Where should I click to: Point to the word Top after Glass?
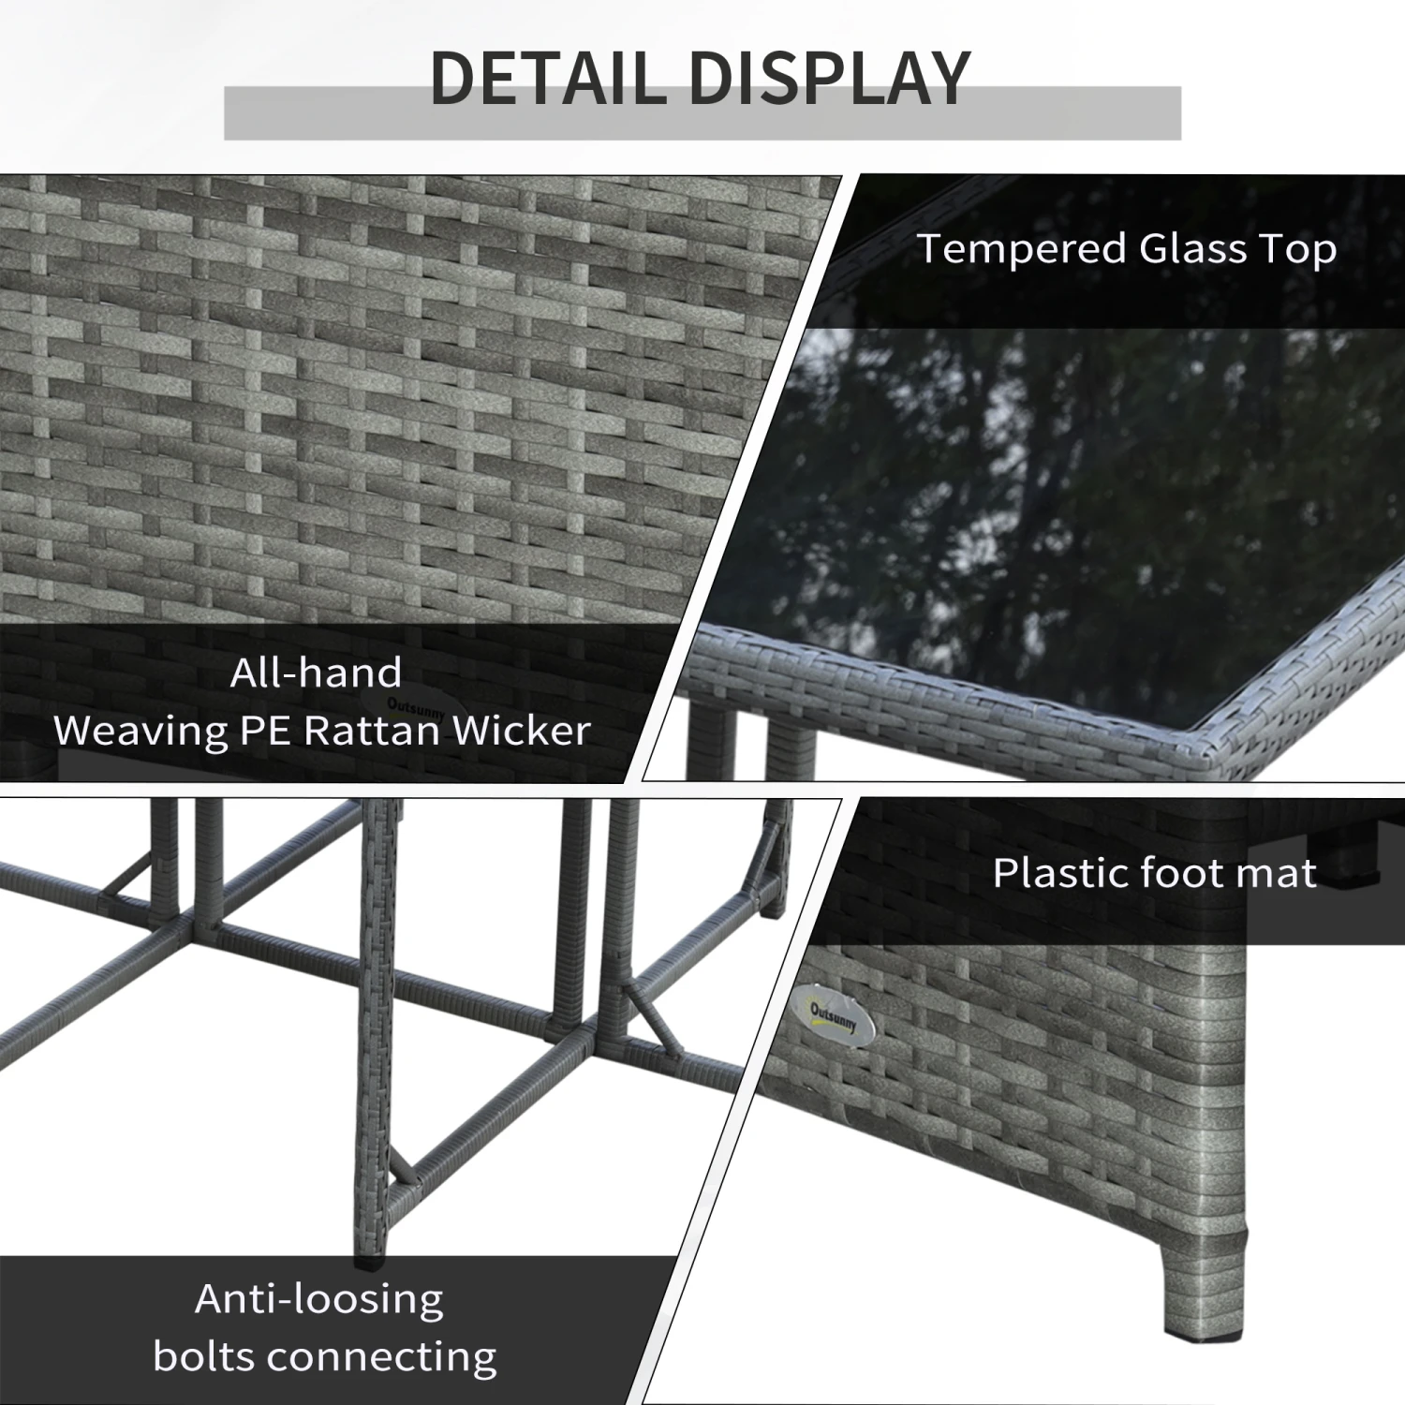point(1298,250)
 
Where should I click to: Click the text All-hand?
point(317,673)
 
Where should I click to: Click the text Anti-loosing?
point(319,1299)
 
